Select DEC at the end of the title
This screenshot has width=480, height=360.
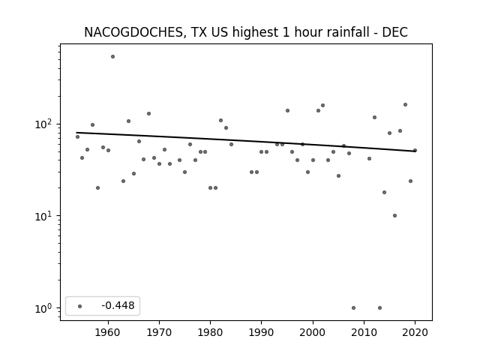[x=395, y=32]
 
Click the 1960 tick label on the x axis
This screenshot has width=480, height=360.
[x=108, y=332]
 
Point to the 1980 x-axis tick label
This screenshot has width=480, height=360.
[x=210, y=332]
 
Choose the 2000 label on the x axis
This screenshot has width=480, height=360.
[x=313, y=332]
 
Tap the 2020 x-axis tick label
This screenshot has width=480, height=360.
[x=415, y=332]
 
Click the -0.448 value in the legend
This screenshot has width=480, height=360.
[x=118, y=305]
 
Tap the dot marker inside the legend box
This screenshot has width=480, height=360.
[x=80, y=306]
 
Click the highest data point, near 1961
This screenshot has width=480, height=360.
[x=113, y=57]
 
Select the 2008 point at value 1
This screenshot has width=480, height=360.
[x=353, y=308]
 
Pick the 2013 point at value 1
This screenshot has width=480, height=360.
[x=380, y=308]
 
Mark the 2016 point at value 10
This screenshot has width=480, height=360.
[x=395, y=216]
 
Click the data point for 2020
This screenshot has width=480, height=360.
[x=415, y=150]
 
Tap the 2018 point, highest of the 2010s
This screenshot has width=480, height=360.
[x=405, y=105]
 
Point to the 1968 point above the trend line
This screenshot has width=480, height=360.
[x=148, y=113]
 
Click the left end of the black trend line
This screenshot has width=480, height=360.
[x=76, y=133]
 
